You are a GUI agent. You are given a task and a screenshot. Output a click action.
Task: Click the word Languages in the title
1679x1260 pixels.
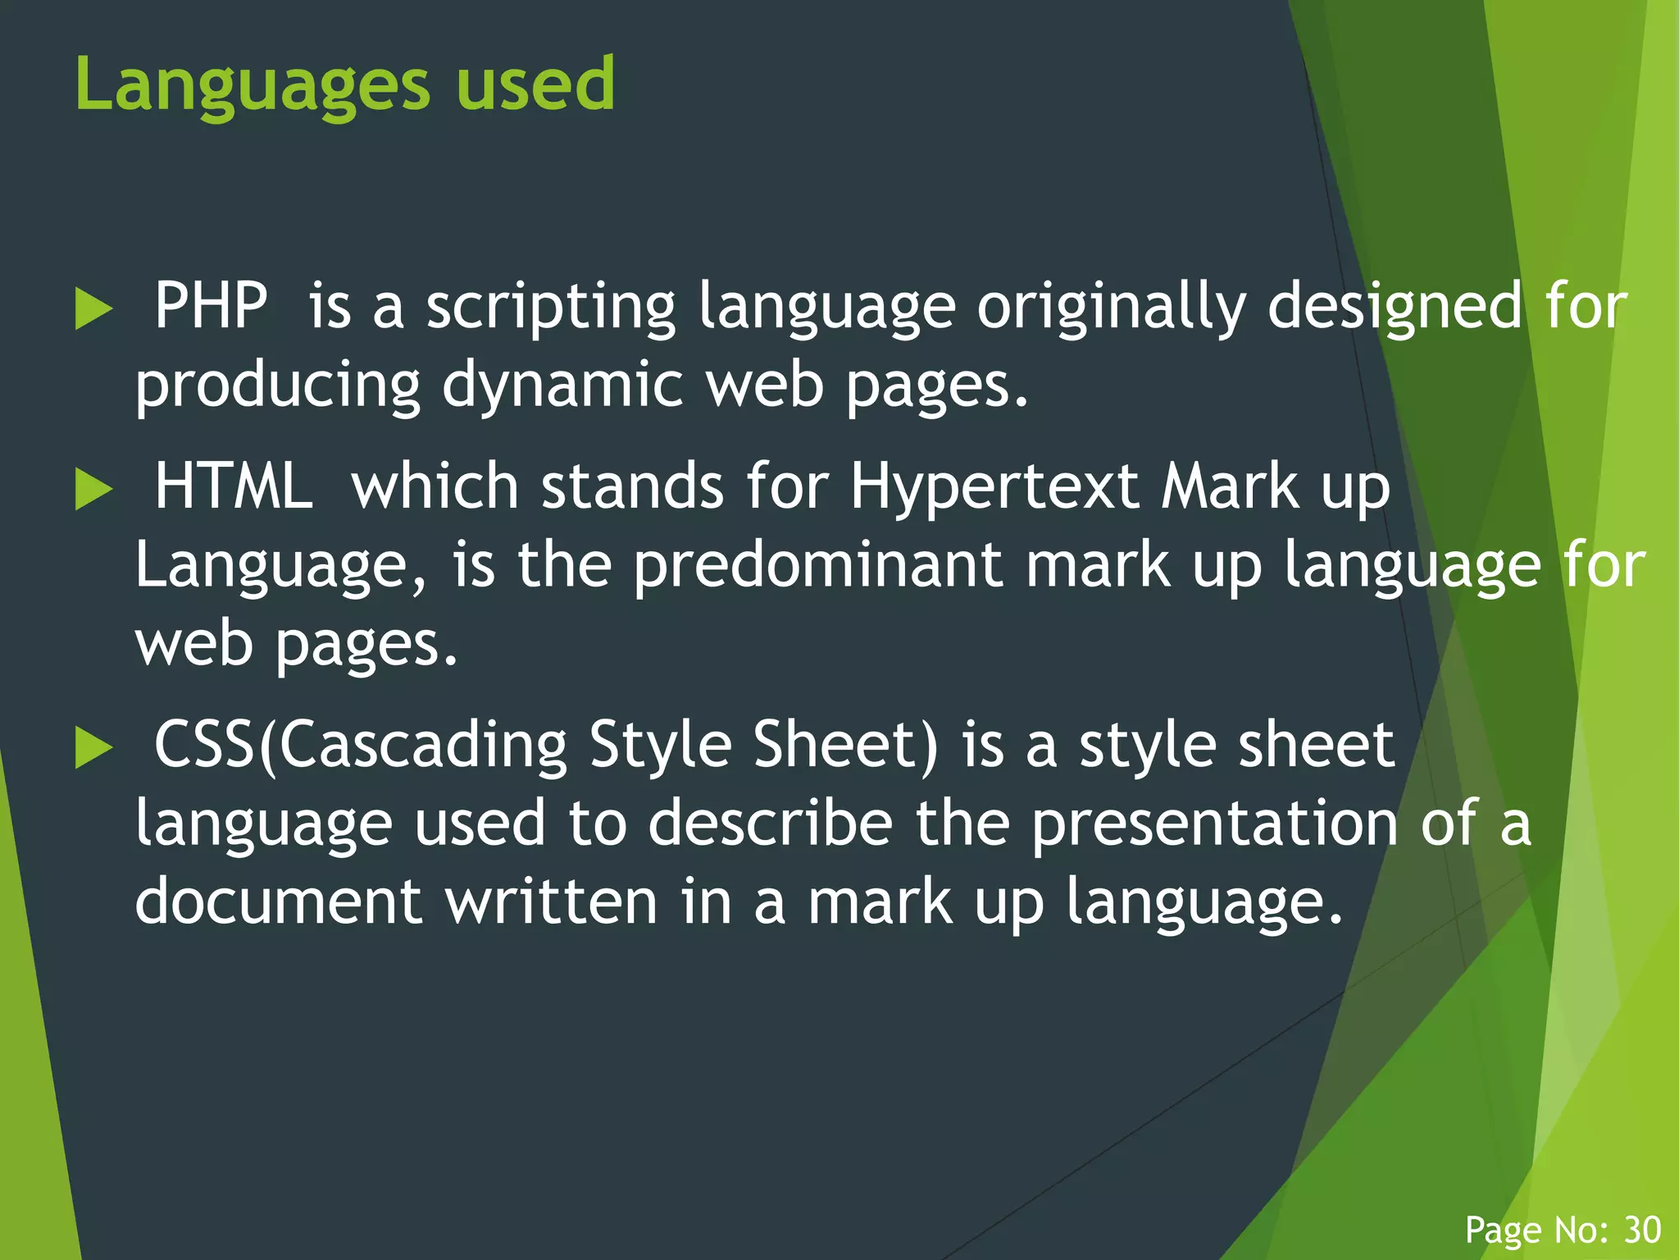pyautogui.click(x=252, y=85)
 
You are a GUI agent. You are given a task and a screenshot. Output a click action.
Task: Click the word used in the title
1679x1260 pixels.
pyautogui.click(x=535, y=84)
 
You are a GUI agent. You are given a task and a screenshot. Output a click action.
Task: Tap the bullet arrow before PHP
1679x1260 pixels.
pyautogui.click(x=93, y=309)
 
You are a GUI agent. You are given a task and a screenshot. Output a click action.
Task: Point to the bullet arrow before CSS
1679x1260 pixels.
pyautogui.click(x=93, y=748)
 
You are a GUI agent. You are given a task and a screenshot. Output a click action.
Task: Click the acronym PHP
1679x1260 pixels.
pyautogui.click(x=211, y=306)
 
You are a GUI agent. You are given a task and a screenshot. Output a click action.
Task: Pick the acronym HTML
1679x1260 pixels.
pyautogui.click(x=234, y=486)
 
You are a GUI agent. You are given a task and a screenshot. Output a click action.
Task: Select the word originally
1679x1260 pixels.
pyautogui.click(x=1110, y=308)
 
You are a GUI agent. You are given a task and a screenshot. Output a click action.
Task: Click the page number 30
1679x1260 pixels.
pyautogui.click(x=1643, y=1230)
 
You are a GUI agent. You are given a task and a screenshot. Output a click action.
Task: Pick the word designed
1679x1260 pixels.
pyautogui.click(x=1395, y=308)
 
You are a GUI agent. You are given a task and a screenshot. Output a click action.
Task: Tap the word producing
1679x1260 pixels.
pyautogui.click(x=277, y=386)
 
